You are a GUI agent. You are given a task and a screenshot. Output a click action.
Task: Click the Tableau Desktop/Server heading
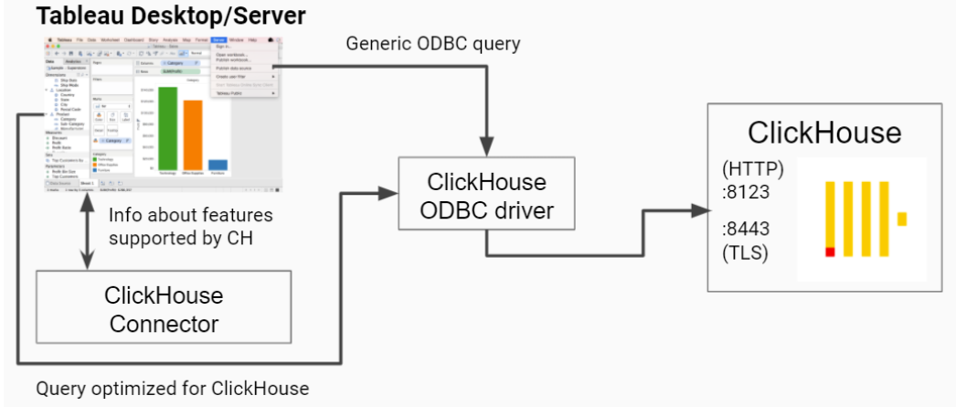(x=171, y=16)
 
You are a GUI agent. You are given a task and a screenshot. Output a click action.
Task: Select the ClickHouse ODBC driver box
(x=485, y=196)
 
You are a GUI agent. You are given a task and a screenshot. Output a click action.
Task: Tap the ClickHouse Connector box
(x=164, y=309)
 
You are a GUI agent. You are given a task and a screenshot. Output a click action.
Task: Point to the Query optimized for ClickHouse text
(x=173, y=389)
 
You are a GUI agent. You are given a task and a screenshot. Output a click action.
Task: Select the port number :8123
(x=746, y=193)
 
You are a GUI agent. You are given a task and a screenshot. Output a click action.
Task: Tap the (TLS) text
(x=745, y=252)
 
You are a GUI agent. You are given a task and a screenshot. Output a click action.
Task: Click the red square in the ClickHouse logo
(x=830, y=252)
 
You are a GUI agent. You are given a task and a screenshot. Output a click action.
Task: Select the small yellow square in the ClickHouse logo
(x=901, y=219)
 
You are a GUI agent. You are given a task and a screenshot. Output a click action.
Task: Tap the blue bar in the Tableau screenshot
(x=218, y=165)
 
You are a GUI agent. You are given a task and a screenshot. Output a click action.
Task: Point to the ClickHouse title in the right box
(x=824, y=132)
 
